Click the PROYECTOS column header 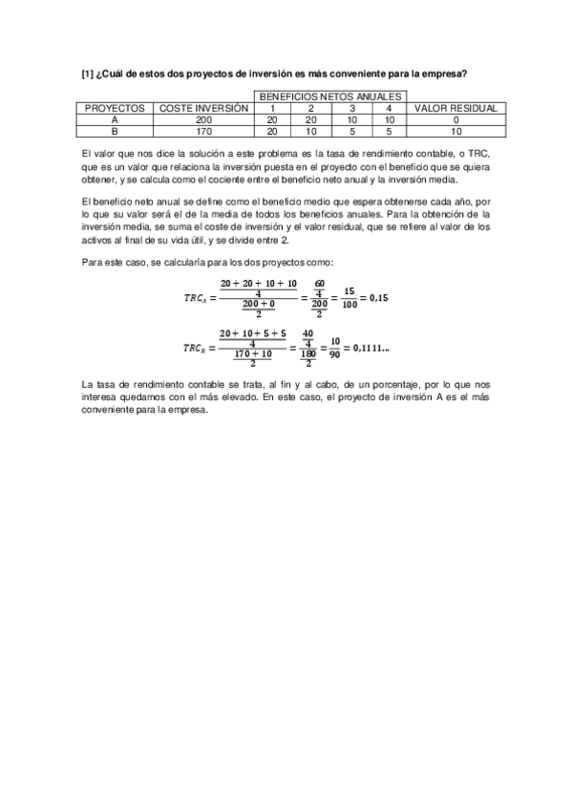(114, 108)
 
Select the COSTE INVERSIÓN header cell (204, 108)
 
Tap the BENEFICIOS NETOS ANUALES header (332, 96)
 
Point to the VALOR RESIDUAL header (456, 108)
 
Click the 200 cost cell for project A (204, 120)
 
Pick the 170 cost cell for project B (204, 132)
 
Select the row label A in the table (114, 120)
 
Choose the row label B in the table (114, 132)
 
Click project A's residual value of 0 (456, 120)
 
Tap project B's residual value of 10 (456, 132)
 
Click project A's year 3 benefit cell (351, 120)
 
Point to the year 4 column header (390, 108)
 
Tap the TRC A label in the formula (197, 298)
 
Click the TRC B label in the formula (197, 348)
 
